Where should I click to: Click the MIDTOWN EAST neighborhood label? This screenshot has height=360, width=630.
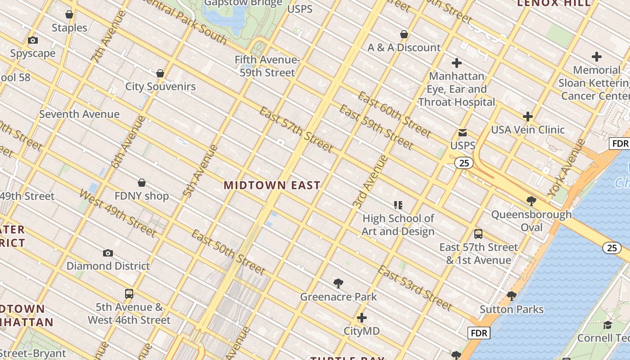pos(272,185)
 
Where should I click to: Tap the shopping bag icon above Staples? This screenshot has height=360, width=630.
pos(69,15)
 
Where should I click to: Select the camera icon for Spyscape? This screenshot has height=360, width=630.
pos(33,40)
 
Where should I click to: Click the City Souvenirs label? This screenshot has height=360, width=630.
pos(160,86)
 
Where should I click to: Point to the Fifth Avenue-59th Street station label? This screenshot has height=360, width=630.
pos(267,66)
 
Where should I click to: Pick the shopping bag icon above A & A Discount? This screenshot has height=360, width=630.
pos(404,34)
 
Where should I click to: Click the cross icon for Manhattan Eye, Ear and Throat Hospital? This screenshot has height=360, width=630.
pos(457,63)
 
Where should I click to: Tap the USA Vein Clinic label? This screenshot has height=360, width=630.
pos(527,130)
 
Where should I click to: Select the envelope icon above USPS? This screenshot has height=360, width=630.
pos(463,133)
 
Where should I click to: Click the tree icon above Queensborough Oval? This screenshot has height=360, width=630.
pos(531,201)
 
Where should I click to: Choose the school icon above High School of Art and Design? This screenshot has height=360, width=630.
pos(398,205)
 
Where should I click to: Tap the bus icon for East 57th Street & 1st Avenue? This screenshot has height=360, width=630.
pos(478,234)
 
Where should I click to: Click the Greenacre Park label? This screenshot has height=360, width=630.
pos(338,297)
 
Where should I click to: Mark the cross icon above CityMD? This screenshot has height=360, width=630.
pos(362,318)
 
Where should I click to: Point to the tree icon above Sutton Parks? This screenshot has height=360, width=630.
pos(511,296)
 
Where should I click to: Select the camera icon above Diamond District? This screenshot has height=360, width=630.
pos(108,253)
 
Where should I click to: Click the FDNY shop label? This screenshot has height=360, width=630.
pos(142,196)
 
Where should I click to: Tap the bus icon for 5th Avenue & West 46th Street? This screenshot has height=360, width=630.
pos(129,294)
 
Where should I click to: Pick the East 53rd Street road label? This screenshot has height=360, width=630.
pos(414,288)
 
